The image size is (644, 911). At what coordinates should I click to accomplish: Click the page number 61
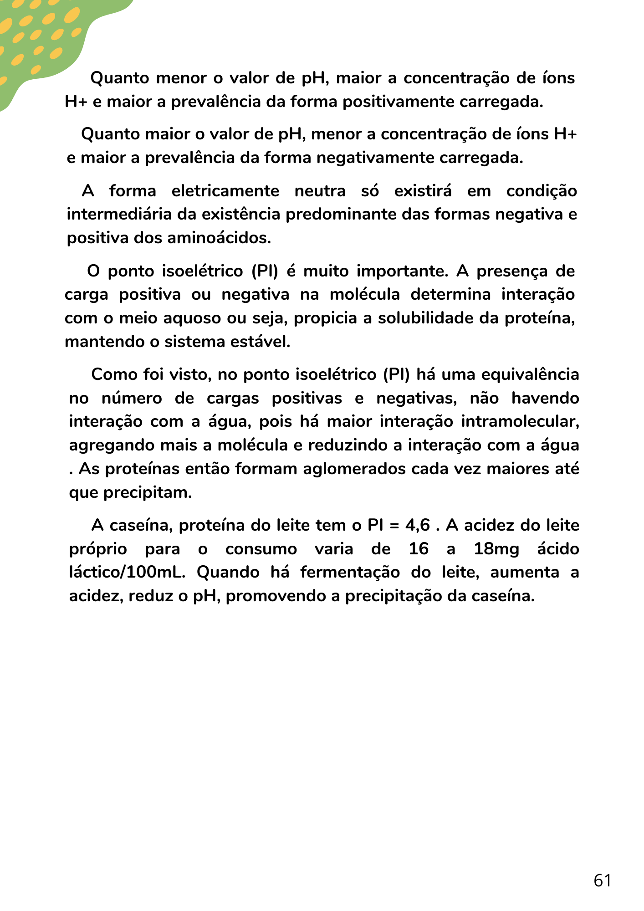tap(602, 880)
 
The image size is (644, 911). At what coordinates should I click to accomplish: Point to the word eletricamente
tap(225, 190)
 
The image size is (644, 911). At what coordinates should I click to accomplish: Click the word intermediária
tap(119, 214)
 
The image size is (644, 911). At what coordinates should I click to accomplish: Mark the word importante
tap(402, 271)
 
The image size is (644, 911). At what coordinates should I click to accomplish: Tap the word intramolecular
tap(520, 421)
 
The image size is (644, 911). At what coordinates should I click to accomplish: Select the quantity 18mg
tap(496, 549)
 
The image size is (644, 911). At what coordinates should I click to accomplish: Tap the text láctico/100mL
tap(127, 573)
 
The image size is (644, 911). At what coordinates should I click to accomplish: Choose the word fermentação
tap(350, 573)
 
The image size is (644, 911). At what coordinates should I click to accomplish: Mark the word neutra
tap(320, 190)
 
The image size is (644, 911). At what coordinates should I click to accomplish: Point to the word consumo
tap(261, 549)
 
